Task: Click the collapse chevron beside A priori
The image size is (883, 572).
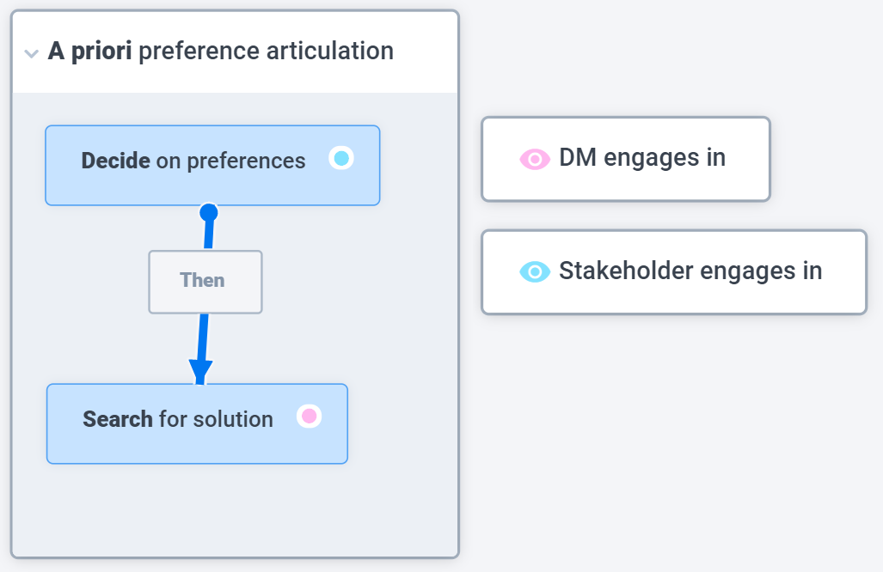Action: pos(32,53)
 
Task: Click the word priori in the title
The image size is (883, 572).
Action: pos(101,52)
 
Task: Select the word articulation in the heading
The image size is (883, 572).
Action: pos(330,51)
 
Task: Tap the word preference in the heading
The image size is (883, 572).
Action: pos(199,52)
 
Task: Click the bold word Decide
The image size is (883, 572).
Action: pos(115,161)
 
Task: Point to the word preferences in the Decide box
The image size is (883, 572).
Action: pos(246,161)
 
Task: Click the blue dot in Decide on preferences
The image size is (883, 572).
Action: pos(341,158)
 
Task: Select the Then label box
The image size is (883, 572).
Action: pos(205,282)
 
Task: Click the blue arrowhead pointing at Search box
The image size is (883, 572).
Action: pos(200,372)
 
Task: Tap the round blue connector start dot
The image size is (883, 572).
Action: pos(209,213)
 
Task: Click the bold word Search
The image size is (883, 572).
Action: pos(118,419)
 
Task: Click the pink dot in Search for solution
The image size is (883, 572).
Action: pos(310,417)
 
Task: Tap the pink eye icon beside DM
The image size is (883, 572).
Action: pos(535,159)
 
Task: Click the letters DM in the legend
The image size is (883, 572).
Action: pos(578,157)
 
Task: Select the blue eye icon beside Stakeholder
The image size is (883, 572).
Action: pos(535,271)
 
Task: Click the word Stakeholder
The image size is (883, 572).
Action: pos(626,271)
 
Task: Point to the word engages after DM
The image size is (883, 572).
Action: pos(652,159)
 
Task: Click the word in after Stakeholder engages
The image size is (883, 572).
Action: pos(812,271)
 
